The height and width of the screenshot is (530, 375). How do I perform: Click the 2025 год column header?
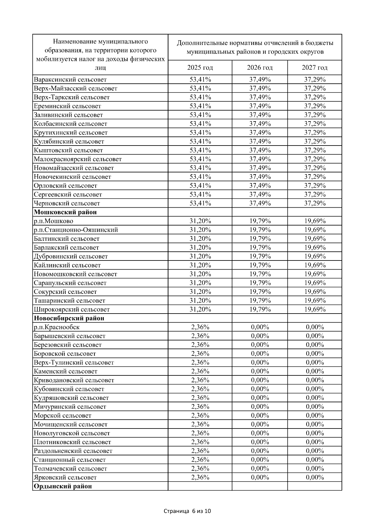click(200, 67)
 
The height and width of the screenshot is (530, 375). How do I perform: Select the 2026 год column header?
click(260, 67)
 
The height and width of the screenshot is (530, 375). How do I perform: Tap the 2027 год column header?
click(315, 67)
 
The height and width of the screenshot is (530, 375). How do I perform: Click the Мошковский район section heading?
click(65, 212)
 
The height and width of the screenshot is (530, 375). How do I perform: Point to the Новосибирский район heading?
click(69, 319)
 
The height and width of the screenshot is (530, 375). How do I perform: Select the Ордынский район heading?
click(63, 486)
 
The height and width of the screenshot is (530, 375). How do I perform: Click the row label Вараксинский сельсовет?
click(70, 80)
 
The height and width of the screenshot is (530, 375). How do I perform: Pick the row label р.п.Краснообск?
click(57, 327)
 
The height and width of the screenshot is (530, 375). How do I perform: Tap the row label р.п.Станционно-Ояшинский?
click(76, 230)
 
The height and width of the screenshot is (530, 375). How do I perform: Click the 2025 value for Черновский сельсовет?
click(200, 203)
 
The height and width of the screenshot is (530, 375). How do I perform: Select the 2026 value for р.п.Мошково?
click(260, 221)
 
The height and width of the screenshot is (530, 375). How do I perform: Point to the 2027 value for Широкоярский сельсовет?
click(315, 310)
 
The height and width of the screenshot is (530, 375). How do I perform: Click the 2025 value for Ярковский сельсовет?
click(200, 477)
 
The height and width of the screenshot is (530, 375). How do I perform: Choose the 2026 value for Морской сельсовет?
click(260, 415)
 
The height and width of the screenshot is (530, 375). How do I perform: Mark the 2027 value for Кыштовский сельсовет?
click(315, 150)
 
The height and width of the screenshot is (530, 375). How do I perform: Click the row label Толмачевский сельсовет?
click(70, 468)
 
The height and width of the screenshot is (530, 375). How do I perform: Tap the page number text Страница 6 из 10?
click(187, 511)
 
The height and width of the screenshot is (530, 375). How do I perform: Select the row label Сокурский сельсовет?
click(65, 292)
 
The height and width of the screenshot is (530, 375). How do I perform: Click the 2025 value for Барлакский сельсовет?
click(200, 248)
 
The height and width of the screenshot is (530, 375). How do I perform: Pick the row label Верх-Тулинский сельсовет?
click(74, 363)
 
